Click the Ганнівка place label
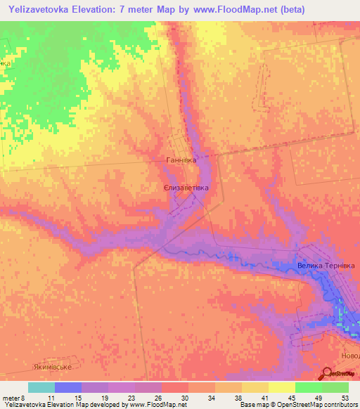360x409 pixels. coord(181,160)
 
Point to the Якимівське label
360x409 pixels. coord(53,367)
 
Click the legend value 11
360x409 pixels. coord(53,397)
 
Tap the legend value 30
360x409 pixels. coord(184,397)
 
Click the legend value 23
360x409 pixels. coord(131,397)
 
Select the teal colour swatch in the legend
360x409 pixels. coord(41,387)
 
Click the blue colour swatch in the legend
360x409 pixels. coord(68,387)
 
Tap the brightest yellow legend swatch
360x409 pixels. coord(282,387)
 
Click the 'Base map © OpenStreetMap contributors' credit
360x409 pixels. coord(297,405)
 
